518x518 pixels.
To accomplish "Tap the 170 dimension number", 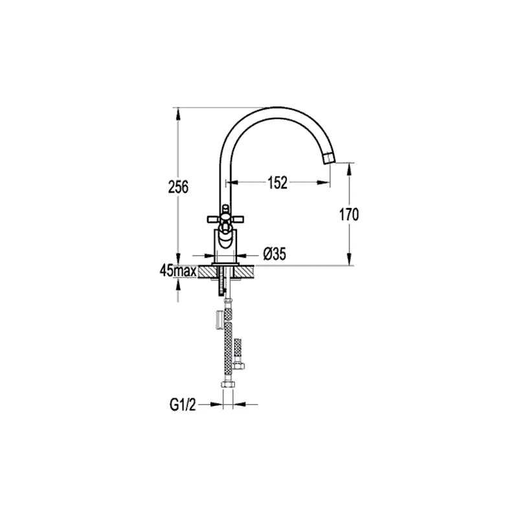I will tap(348, 214).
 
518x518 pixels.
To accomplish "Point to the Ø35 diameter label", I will tap(275, 255).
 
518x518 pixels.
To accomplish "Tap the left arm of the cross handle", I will tap(212, 218).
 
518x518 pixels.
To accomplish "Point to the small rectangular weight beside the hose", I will tap(219, 319).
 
